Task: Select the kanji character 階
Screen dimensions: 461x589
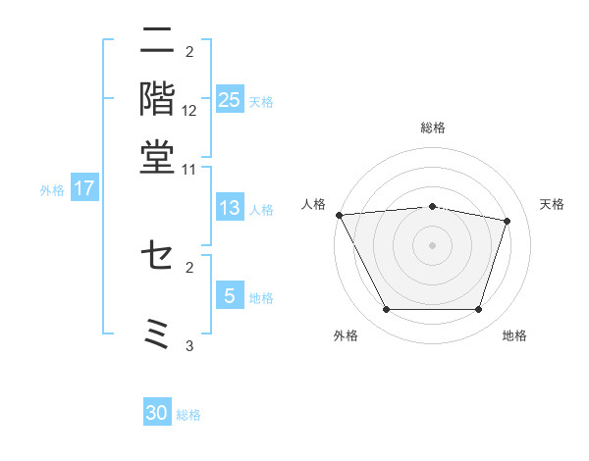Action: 157,98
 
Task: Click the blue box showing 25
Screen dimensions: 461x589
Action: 230,99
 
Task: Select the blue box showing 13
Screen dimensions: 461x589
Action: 230,208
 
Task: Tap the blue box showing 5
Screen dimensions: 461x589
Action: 230,296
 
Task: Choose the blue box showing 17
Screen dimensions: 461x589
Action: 83,188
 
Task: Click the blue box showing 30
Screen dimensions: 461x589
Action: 157,413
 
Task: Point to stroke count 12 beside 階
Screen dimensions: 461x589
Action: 189,112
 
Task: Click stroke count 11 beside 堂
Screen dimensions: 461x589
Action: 189,169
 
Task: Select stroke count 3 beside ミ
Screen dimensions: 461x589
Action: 189,345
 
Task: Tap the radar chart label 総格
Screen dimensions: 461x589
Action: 433,128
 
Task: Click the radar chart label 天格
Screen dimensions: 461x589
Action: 553,204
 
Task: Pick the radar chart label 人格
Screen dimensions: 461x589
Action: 314,204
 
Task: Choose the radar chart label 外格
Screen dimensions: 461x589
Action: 345,336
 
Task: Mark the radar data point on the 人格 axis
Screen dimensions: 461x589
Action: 339,215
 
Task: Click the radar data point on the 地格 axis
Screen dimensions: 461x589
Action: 479,310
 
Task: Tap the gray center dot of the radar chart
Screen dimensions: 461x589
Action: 433,245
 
